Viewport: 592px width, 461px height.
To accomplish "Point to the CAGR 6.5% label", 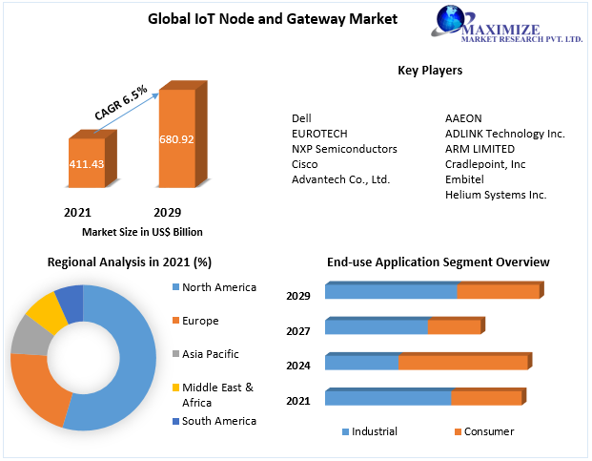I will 120,102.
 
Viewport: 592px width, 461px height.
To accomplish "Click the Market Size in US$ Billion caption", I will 142,231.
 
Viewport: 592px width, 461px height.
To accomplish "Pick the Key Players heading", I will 429,71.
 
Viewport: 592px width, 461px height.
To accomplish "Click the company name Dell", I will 301,118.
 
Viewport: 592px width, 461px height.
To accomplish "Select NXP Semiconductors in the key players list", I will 344,149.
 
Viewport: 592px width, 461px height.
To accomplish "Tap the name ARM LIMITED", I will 480,149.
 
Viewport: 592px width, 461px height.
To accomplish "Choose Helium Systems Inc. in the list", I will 496,195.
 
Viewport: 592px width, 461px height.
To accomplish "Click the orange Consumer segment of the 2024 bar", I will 461,363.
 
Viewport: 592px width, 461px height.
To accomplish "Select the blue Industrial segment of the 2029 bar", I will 391,292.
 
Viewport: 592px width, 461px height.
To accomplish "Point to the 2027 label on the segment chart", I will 298,330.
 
